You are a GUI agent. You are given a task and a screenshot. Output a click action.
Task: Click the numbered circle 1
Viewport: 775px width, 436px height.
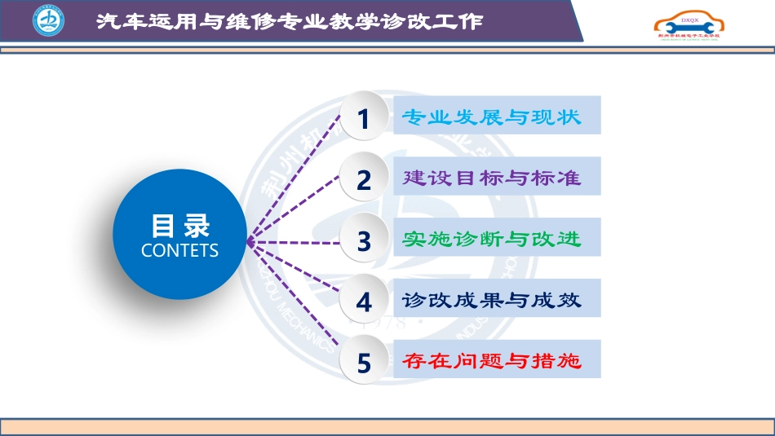[x=364, y=119]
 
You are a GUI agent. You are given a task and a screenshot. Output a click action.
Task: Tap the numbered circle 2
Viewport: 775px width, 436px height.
[x=364, y=179]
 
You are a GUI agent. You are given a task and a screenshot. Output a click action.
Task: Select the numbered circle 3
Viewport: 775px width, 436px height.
[x=364, y=240]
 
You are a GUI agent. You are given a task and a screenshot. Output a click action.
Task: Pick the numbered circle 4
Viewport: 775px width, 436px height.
[x=364, y=302]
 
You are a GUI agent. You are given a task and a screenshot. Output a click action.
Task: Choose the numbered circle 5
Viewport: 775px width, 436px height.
[x=364, y=362]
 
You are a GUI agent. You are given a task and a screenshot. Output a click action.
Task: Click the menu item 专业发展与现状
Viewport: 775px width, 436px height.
[x=492, y=118]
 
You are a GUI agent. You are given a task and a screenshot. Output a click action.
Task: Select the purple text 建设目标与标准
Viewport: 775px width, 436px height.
[x=492, y=178]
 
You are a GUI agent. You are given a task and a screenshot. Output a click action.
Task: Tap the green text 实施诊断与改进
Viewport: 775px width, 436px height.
[x=492, y=239]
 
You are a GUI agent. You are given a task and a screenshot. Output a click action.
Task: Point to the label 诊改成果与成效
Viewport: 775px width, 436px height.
[x=492, y=300]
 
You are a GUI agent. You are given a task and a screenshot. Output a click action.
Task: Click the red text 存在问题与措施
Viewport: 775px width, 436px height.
[x=492, y=360]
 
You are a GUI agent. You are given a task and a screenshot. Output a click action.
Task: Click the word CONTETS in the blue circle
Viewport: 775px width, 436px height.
[x=179, y=251]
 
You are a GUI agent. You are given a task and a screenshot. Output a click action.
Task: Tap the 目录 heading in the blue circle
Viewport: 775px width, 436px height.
[x=180, y=225]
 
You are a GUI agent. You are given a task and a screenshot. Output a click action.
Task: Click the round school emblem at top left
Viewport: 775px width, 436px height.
[x=48, y=20]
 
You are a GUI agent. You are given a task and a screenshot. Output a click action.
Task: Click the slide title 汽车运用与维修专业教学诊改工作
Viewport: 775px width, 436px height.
[x=290, y=22]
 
